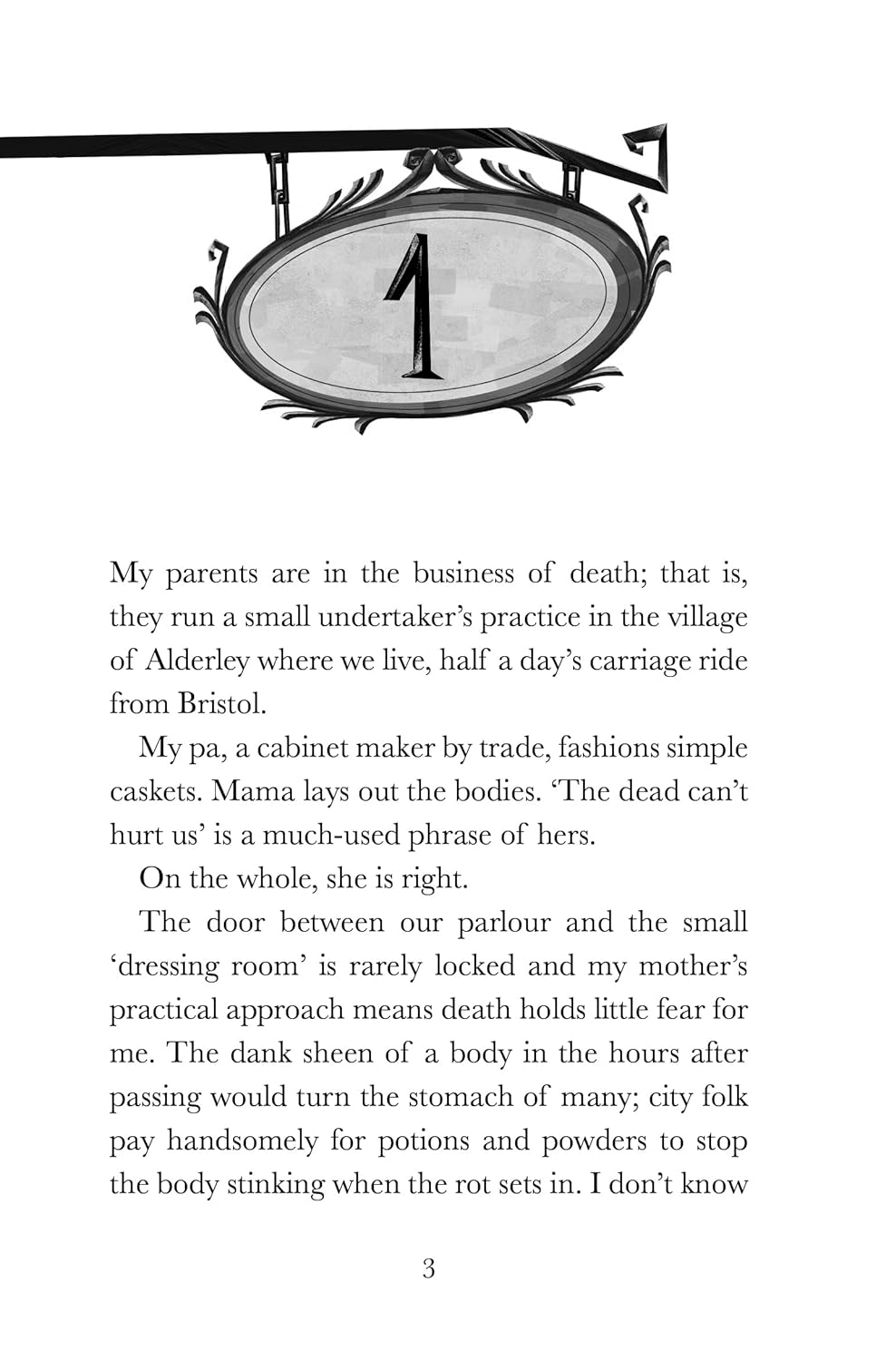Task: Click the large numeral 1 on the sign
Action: [x=414, y=307]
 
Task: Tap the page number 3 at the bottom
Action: [x=429, y=1268]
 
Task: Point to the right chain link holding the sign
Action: [x=571, y=181]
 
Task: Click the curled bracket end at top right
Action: [x=651, y=154]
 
